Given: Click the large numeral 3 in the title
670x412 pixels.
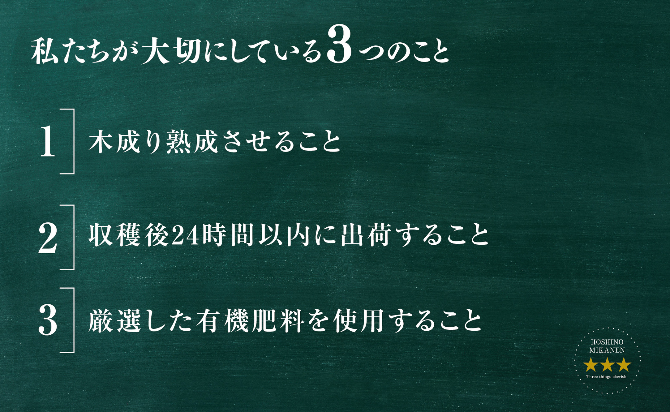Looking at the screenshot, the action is point(340,44).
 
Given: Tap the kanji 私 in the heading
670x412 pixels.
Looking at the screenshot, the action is point(45,51).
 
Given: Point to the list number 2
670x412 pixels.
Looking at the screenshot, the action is point(48,238).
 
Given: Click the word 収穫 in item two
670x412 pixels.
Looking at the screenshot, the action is point(114,235).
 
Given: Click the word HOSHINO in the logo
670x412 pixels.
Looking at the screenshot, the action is point(607,342).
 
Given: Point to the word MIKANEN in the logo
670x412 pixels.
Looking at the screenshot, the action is point(607,350).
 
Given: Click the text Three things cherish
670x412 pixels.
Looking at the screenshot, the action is point(606,377).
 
